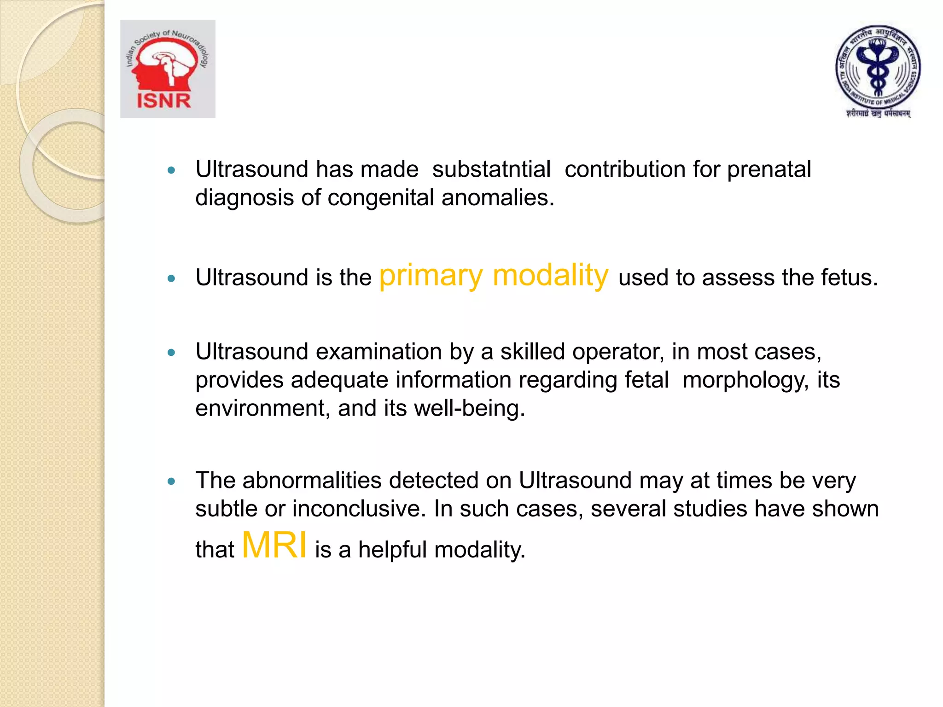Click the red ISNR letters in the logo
point(164,101)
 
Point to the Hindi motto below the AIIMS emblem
point(878,113)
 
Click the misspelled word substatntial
point(491,169)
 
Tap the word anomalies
point(498,197)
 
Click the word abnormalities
point(312,481)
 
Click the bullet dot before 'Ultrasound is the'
point(172,278)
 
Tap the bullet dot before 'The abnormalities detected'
point(172,481)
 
